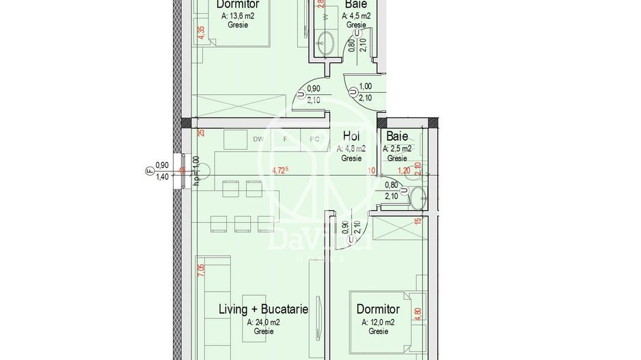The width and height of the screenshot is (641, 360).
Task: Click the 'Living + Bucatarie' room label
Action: click(x=263, y=309)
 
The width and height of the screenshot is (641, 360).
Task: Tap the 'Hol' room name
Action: click(x=351, y=137)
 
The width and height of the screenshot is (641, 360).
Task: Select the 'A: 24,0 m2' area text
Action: click(x=263, y=322)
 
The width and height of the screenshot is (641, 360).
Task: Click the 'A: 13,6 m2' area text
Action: click(x=238, y=15)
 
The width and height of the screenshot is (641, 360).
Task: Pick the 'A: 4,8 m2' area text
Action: click(x=351, y=148)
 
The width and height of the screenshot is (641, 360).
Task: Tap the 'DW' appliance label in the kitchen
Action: click(x=258, y=139)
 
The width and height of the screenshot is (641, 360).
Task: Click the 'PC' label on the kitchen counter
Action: click(x=314, y=139)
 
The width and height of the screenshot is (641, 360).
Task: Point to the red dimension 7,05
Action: click(x=200, y=270)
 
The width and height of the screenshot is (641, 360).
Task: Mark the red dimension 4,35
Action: click(x=200, y=33)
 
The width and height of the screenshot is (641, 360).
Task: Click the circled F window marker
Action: click(x=147, y=171)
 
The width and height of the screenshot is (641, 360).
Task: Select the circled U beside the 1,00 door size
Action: click(x=351, y=92)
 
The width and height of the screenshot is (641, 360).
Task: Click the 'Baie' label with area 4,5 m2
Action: click(x=355, y=4)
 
